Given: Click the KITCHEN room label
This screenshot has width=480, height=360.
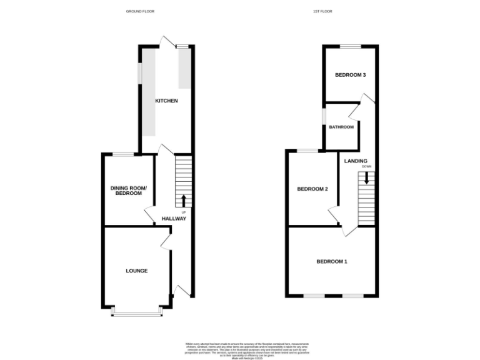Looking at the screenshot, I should pos(167,101).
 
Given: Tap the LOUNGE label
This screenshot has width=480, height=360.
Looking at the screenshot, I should pos(137,271).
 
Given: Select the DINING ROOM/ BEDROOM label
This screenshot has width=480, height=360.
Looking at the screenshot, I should pos(128,191).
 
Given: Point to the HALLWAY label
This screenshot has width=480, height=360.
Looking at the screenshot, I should pos(174,219).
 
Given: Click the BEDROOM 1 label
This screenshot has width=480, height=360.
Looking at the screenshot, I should pos(331,261).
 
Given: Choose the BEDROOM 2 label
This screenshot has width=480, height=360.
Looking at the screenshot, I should pos(312,189).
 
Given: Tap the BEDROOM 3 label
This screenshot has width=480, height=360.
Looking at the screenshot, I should pos(350,75).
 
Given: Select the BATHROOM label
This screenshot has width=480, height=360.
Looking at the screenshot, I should pos(341,127).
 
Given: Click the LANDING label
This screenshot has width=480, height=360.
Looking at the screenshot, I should pos(356,161).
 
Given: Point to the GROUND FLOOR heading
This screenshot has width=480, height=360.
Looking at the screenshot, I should pos(140,11).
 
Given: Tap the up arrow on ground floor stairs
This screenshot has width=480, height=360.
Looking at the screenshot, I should pos(184,200).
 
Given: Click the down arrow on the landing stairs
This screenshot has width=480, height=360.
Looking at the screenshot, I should pos(367,178).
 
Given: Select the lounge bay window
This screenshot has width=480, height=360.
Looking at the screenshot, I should pos(136,312).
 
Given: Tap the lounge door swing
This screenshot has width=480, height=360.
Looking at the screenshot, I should pos(166,241).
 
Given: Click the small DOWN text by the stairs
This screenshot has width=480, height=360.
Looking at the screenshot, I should pos(366,167).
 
